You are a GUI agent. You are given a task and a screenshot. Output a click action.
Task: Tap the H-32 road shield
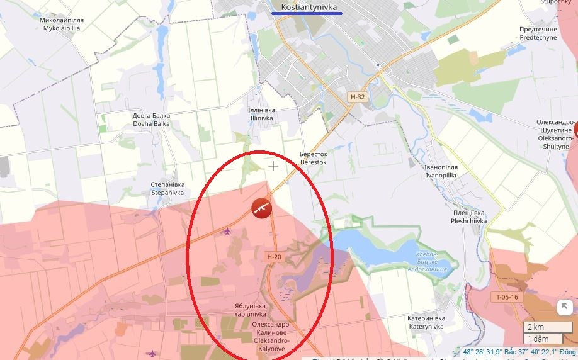358,97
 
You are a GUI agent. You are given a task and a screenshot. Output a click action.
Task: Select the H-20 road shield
274,257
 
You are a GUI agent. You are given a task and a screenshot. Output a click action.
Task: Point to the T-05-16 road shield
506,297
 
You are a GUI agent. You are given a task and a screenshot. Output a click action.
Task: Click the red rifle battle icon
261,208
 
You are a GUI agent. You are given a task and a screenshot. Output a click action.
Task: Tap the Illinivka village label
262,113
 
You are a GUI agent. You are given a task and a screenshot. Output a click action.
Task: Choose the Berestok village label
314,158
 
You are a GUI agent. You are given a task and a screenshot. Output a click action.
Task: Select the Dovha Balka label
151,120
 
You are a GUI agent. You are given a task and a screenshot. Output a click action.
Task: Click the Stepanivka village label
167,188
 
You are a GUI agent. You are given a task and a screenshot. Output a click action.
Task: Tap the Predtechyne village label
538,33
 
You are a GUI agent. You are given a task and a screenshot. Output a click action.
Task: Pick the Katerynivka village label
426,322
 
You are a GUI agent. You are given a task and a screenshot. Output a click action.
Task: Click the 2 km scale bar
546,327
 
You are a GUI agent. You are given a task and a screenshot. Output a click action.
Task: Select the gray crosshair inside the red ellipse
273,166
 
